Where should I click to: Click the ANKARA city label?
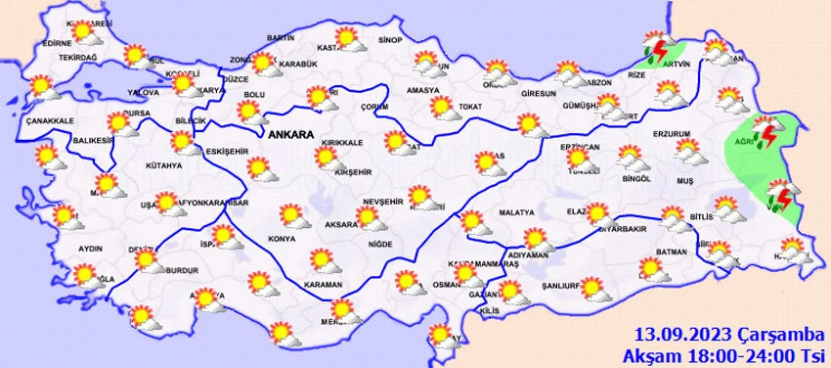[x=292, y=134]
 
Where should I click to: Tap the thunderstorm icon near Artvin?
[x=655, y=48]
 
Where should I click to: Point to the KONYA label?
[x=283, y=238]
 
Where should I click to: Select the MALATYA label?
[x=514, y=212]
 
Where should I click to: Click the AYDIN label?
[x=89, y=249]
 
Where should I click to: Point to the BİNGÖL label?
[x=635, y=179]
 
